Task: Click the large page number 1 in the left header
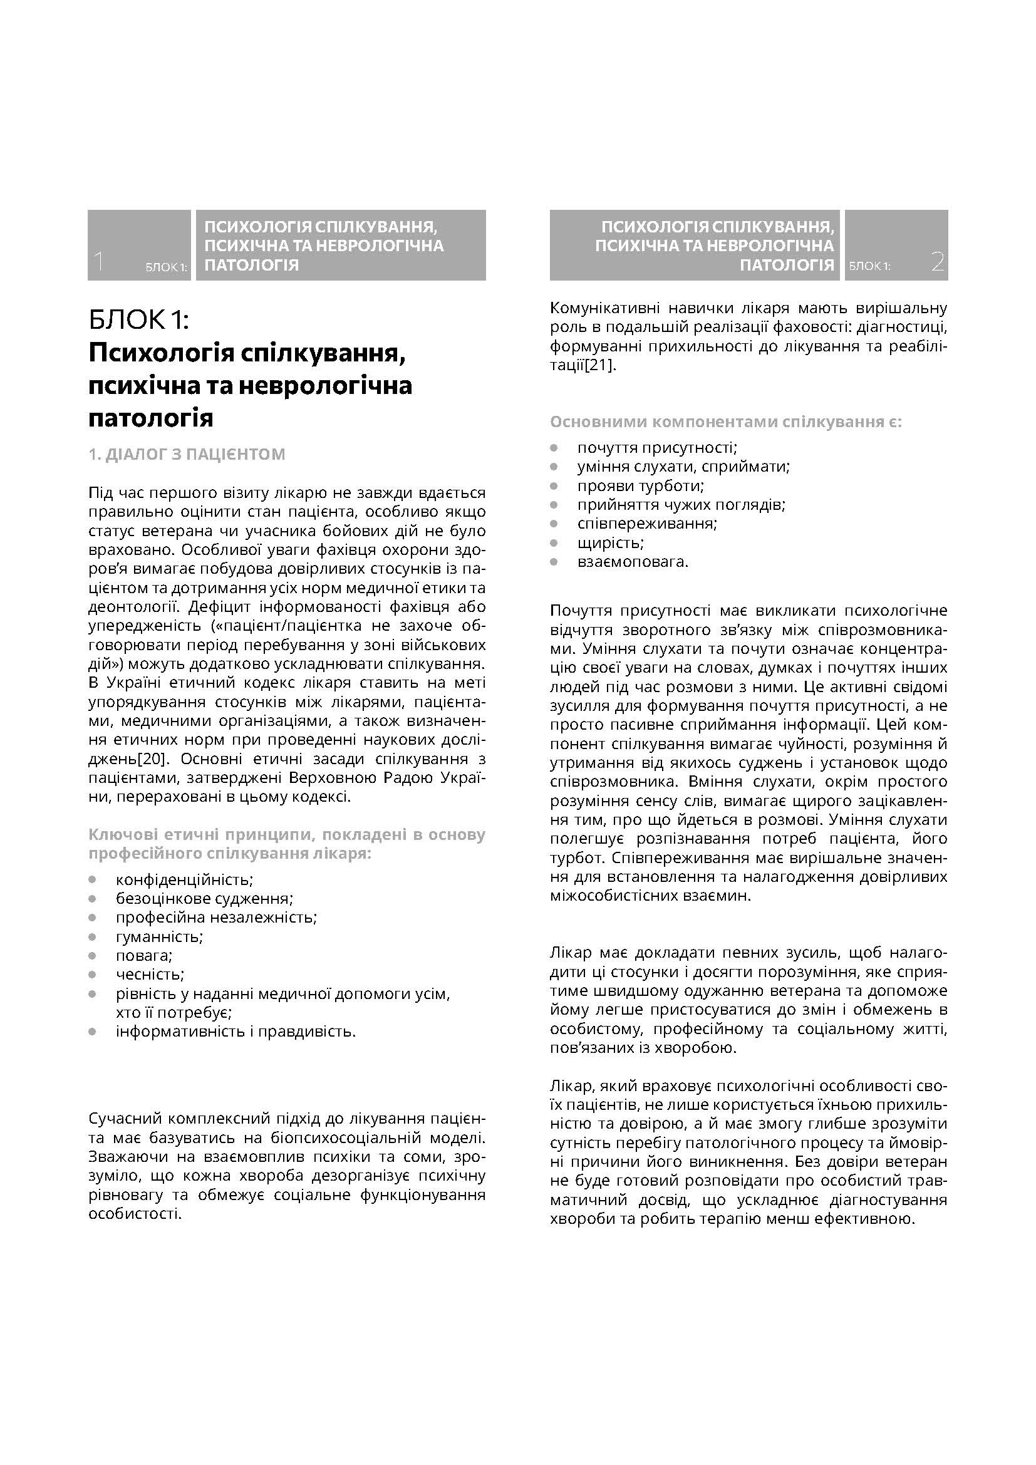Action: [x=98, y=262]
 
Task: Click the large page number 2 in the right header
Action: [x=937, y=262]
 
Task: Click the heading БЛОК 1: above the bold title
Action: [x=139, y=319]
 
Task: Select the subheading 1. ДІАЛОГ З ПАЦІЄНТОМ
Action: [x=187, y=454]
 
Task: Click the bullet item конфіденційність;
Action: [x=184, y=880]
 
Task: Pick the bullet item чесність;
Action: [x=150, y=975]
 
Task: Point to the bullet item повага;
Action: [x=144, y=956]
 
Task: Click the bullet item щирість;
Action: [x=611, y=543]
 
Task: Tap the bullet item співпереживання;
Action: [x=648, y=524]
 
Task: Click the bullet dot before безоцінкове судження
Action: [x=93, y=899]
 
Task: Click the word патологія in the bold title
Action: [x=150, y=418]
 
